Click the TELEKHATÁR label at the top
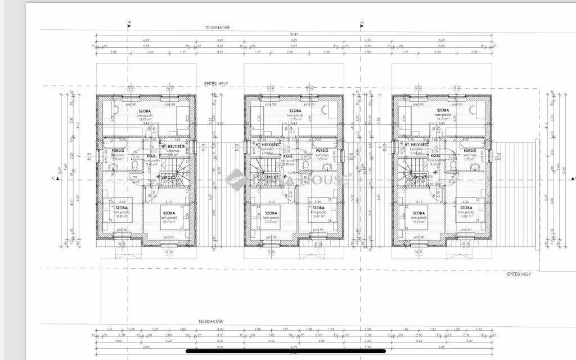click(x=220, y=26)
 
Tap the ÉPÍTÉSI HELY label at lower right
click(x=517, y=274)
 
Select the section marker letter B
click(x=362, y=23)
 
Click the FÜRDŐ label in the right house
click(x=470, y=151)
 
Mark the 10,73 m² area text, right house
click(x=418, y=222)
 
